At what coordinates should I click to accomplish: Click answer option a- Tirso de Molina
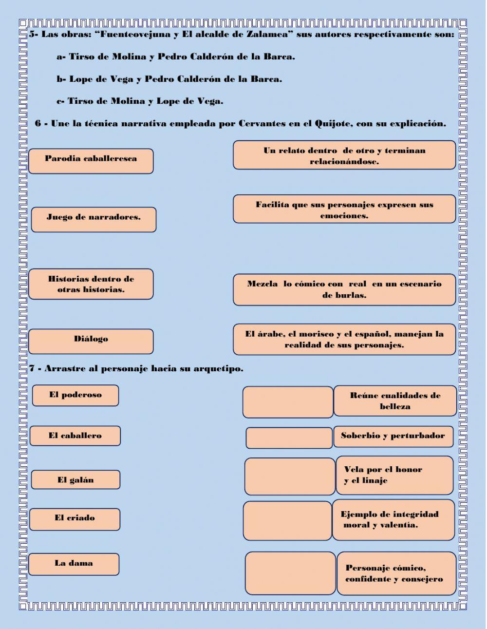[x=176, y=57]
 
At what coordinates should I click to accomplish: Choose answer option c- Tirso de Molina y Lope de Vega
[x=140, y=101]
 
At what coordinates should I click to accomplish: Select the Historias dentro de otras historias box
[x=91, y=284]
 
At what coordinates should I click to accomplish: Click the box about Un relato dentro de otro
[x=344, y=155]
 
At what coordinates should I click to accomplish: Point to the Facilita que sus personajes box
[x=344, y=210]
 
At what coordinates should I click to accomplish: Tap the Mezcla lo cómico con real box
[x=344, y=289]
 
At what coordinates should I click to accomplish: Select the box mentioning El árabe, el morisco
[x=344, y=339]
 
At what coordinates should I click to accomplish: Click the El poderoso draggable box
[x=75, y=395]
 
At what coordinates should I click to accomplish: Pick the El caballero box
[x=75, y=436]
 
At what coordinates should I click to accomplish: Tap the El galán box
[x=75, y=480]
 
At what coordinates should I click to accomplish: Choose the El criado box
[x=75, y=519]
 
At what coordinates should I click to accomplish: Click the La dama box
[x=74, y=564]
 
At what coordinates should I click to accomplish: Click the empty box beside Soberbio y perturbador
[x=289, y=438]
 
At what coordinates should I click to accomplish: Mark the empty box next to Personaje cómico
[x=290, y=573]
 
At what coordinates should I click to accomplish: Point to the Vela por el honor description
[x=394, y=475]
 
